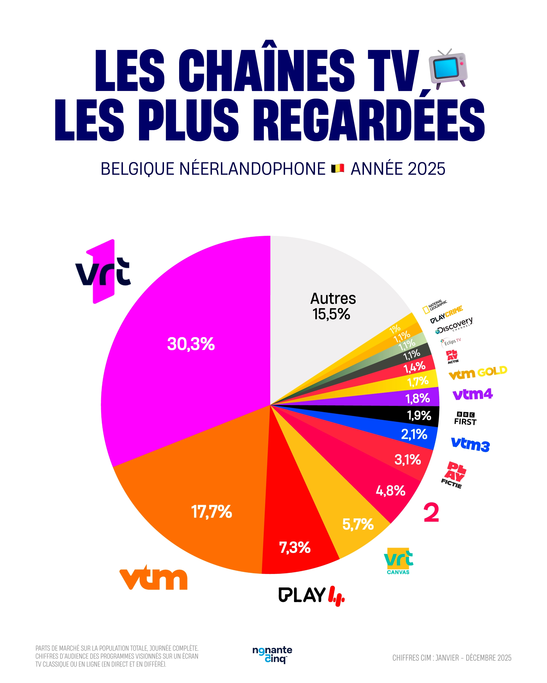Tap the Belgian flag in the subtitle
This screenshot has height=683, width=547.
338,168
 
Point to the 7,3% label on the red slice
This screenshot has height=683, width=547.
295,547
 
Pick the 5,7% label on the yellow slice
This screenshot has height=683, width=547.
358,524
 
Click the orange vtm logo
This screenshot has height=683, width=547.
154,578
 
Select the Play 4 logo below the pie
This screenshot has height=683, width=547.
311,595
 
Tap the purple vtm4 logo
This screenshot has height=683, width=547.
472,394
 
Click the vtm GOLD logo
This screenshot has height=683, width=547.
478,373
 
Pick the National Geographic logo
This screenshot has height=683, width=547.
434,306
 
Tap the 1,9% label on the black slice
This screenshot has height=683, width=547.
419,415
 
